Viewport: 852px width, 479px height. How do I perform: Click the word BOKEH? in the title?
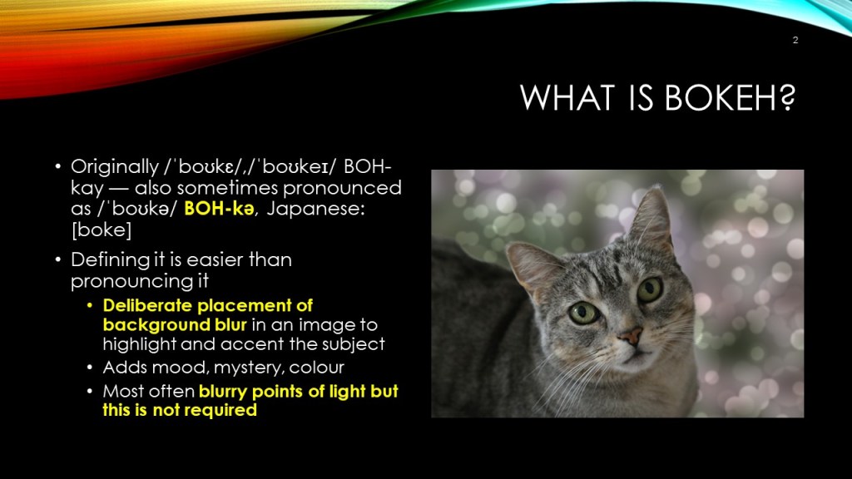[730, 98]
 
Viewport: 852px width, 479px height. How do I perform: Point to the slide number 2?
[795, 40]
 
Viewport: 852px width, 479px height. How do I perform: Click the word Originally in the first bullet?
[115, 167]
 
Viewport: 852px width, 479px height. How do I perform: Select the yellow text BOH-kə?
[219, 209]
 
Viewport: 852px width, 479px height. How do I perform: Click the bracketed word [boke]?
[101, 230]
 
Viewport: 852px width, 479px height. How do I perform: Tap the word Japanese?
[315, 209]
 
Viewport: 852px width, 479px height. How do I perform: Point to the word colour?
[316, 368]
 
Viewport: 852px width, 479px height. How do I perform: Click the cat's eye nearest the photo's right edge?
[649, 289]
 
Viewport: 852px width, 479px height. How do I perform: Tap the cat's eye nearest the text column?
[583, 314]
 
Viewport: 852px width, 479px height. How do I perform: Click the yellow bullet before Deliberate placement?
[90, 306]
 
